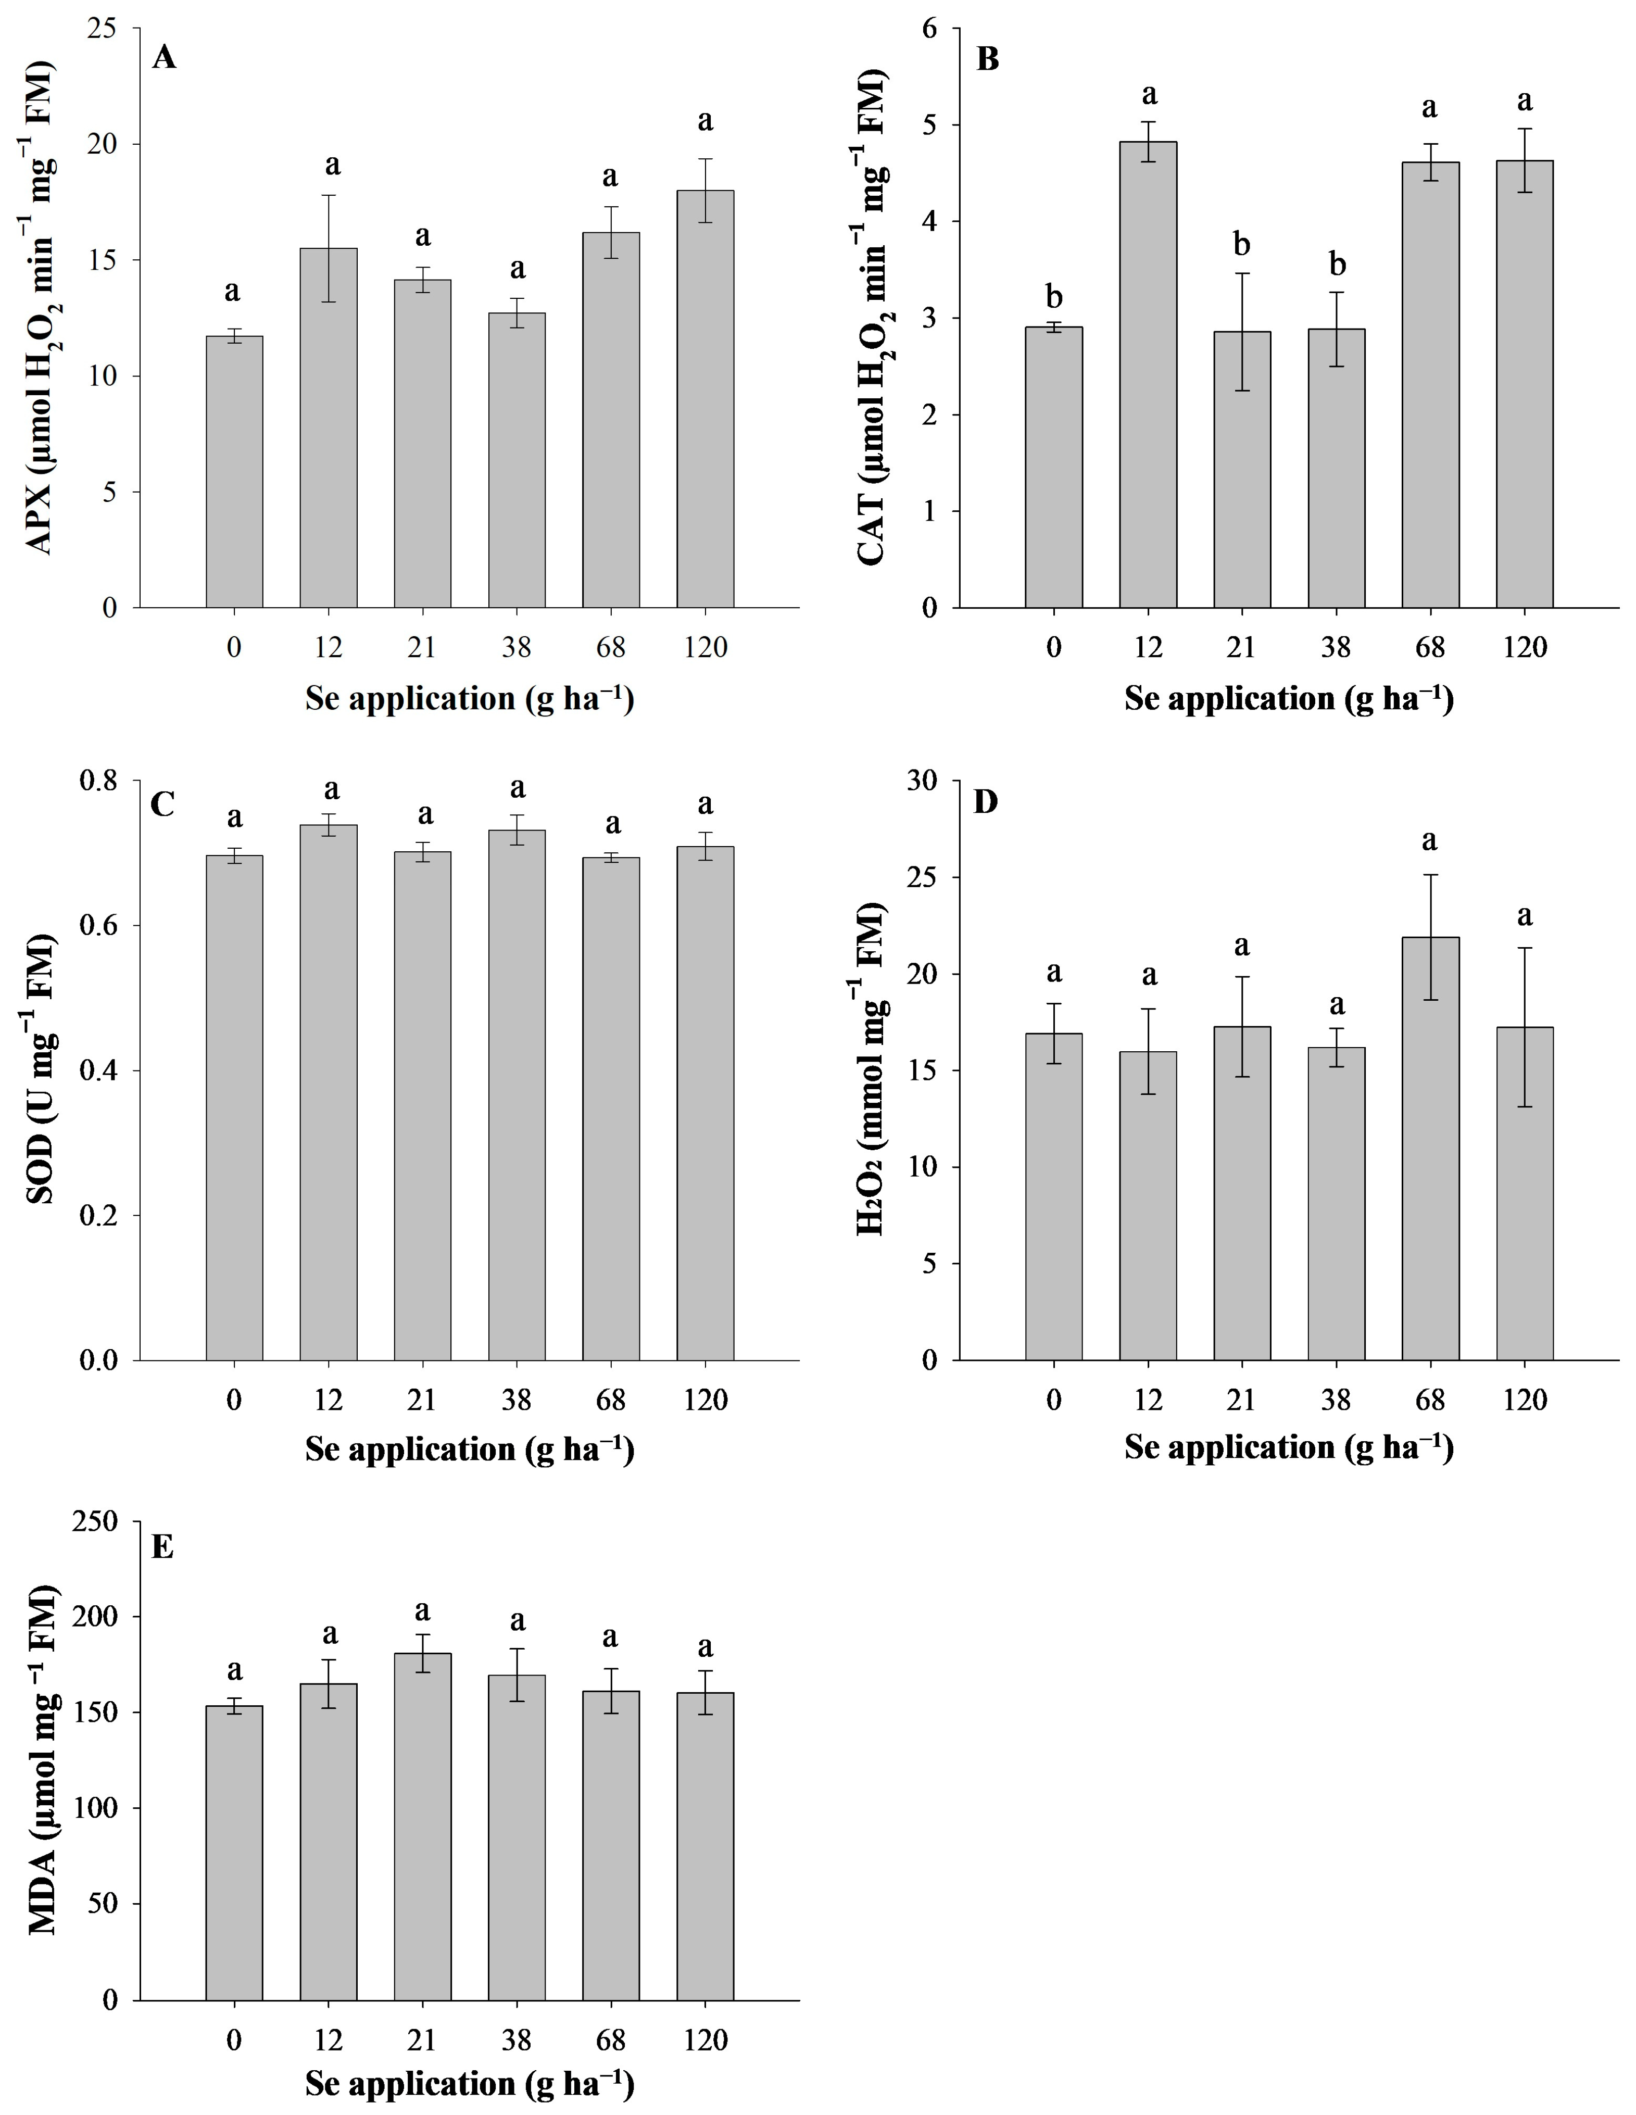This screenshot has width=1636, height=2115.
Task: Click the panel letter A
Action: (x=165, y=58)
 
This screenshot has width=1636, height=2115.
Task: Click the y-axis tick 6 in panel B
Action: (x=930, y=29)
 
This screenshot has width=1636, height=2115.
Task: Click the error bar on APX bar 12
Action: (x=329, y=248)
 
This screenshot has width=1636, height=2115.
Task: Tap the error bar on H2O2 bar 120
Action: (x=1525, y=1026)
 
